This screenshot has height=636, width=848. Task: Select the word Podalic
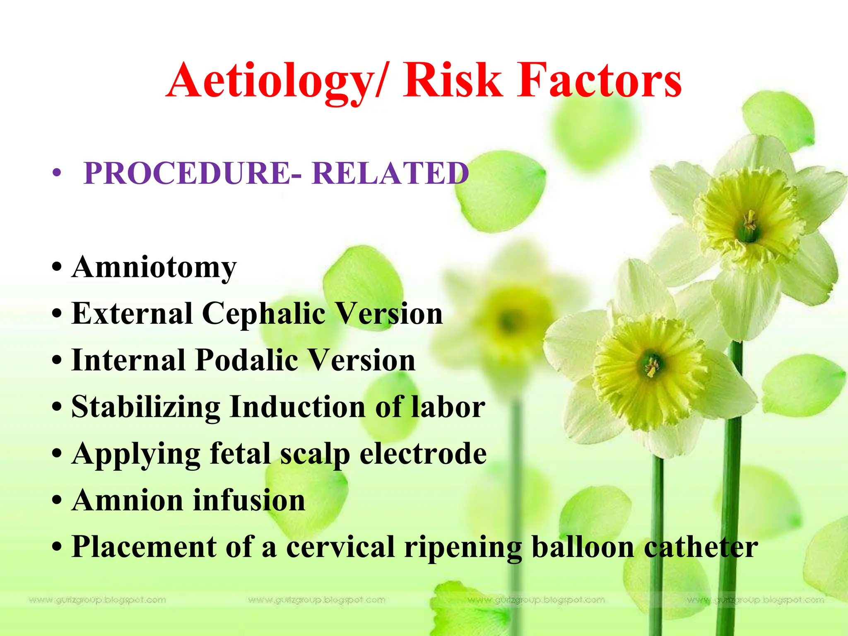(x=246, y=360)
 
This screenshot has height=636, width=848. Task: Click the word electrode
(x=423, y=454)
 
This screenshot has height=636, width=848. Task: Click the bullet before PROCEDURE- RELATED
(x=57, y=173)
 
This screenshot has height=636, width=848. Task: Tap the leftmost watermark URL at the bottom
(x=97, y=600)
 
